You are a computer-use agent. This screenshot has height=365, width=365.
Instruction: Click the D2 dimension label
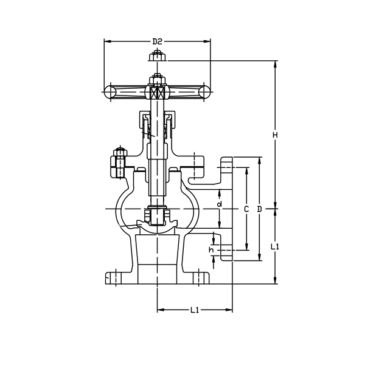(x=157, y=41)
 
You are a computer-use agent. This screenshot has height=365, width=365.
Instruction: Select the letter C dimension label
(x=246, y=209)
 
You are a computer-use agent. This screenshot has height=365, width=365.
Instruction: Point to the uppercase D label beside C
(x=260, y=209)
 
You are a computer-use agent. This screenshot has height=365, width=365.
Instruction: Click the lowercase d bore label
(x=219, y=204)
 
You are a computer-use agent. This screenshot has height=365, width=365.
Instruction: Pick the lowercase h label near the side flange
(x=211, y=249)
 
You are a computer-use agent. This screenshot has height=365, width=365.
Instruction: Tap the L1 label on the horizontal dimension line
(x=195, y=310)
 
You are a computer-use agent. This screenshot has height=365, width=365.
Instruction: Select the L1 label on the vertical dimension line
(x=275, y=246)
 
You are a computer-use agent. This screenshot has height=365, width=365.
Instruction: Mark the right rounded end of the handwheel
(x=205, y=91)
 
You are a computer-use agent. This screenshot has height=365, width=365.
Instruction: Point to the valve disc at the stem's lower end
(x=157, y=217)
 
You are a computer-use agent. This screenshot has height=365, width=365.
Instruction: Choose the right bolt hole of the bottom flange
(x=200, y=278)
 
